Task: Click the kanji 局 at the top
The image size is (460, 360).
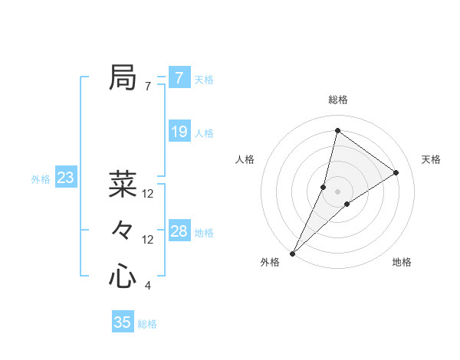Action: point(123,78)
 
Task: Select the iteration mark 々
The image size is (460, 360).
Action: point(123,231)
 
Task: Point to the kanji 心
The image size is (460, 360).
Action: point(123,277)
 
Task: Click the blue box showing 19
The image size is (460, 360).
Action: point(179,132)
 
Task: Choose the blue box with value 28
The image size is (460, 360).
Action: point(179,231)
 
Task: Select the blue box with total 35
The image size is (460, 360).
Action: point(123,322)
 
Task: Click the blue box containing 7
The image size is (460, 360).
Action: point(179,78)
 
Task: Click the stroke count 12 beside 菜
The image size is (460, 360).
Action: point(148,195)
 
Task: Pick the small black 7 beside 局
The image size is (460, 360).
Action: point(148,87)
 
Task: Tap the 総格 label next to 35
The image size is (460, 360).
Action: point(147,324)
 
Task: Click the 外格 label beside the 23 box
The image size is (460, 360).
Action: point(41,179)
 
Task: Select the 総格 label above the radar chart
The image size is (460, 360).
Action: point(338,100)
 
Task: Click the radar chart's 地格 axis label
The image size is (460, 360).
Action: point(402,262)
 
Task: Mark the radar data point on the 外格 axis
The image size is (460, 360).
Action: point(292,253)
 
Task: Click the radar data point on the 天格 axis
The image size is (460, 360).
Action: point(396,172)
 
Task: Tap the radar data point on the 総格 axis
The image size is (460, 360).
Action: point(337,130)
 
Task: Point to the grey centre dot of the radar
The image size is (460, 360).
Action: point(337,191)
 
